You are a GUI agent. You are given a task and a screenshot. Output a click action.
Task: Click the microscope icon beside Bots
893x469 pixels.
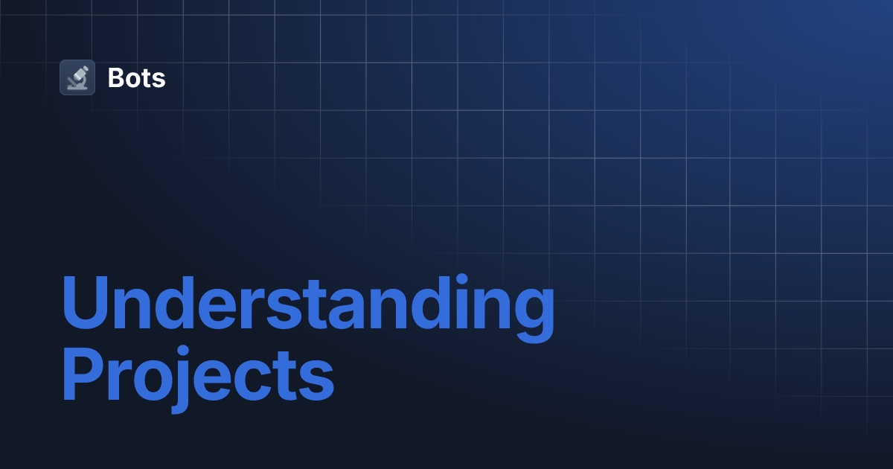[77, 77]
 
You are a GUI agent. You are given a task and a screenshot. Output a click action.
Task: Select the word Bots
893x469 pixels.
[136, 77]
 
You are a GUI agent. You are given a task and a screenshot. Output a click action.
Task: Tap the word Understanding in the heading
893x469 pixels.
[307, 305]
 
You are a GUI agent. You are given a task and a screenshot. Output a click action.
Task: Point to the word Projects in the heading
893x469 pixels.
[197, 379]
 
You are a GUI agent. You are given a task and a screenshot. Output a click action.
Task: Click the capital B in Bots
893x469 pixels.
[117, 77]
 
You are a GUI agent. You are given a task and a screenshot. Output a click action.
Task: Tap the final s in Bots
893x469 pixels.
[159, 79]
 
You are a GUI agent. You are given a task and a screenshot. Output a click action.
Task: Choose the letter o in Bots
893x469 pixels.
[134, 79]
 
